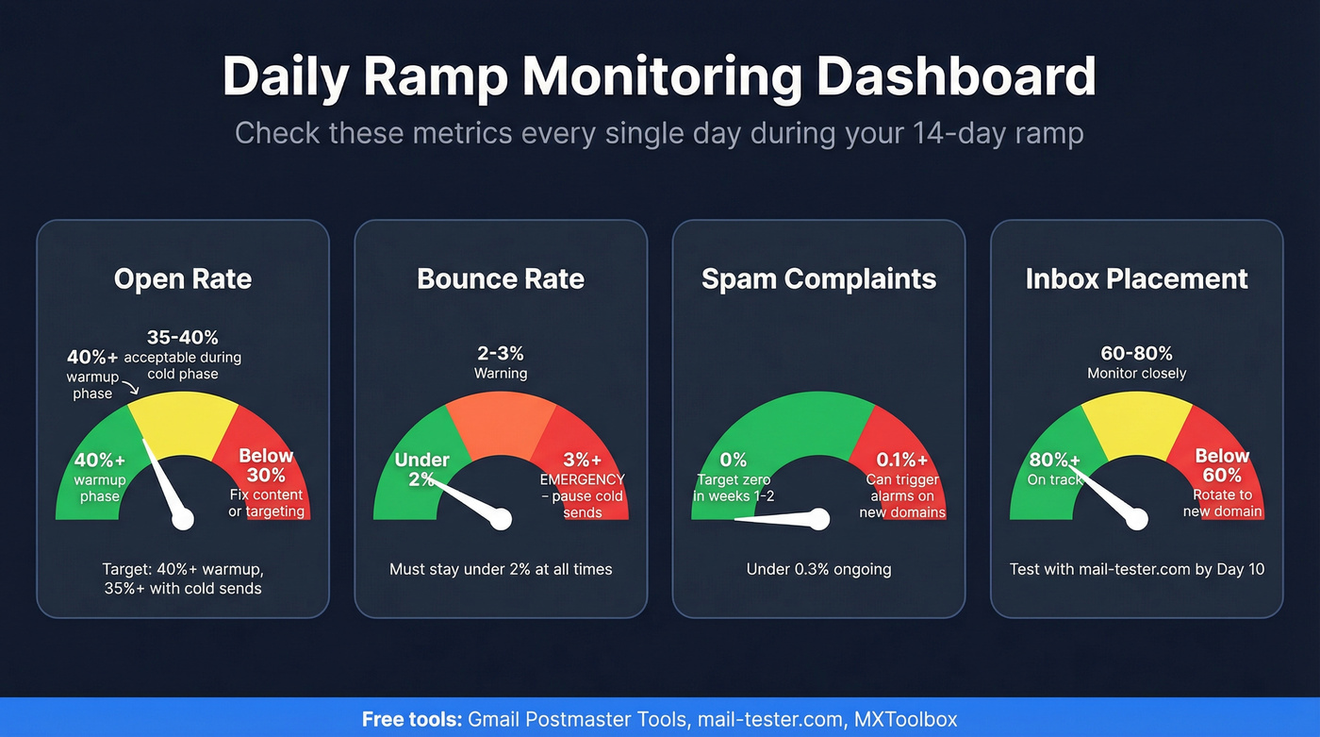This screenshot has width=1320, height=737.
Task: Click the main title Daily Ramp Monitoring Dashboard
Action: [659, 77]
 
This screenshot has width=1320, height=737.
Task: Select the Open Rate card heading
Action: [183, 279]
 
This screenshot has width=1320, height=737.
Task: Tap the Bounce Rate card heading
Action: [501, 279]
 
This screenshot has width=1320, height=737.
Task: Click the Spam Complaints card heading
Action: [818, 279]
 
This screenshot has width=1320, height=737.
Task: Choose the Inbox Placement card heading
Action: [1136, 279]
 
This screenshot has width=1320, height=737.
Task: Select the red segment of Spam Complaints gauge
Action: [896, 444]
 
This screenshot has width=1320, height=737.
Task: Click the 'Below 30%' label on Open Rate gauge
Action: [267, 464]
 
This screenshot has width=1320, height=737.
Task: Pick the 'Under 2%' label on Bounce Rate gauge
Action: [421, 469]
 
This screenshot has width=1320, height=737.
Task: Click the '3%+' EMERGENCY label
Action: [583, 461]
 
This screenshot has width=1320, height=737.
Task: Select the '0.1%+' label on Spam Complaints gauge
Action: [902, 461]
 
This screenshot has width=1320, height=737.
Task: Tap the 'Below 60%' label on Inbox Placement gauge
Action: [1222, 464]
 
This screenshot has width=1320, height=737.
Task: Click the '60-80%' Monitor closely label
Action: [1136, 354]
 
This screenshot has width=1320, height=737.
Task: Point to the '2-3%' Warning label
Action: [501, 354]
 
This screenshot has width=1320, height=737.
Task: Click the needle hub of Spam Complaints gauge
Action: [818, 519]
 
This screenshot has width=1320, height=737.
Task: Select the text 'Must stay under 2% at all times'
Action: [501, 569]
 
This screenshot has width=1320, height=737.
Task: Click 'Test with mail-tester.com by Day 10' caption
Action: [1136, 569]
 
